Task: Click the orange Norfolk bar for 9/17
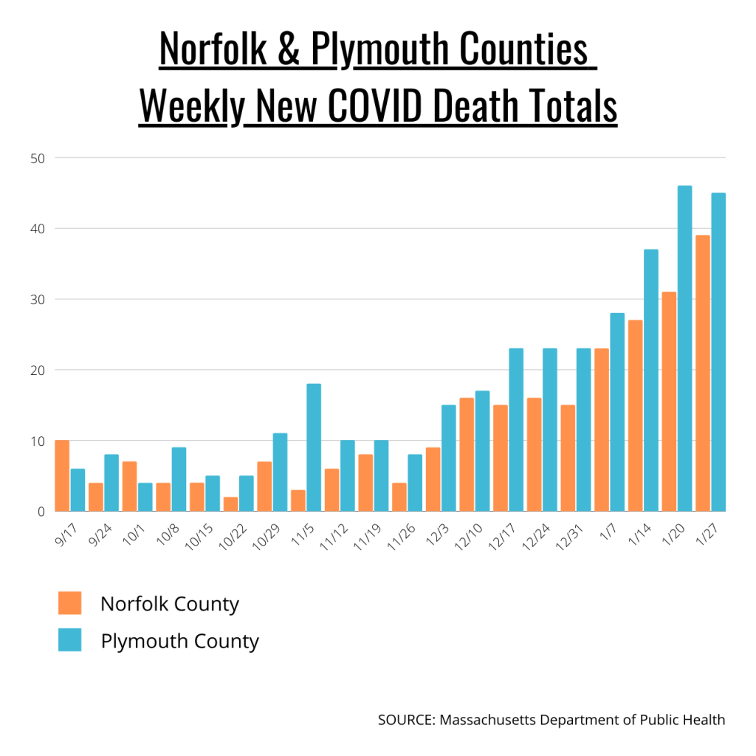coord(62,476)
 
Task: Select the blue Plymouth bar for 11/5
coord(314,447)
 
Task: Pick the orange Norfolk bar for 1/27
coord(702,373)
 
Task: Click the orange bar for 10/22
coord(230,504)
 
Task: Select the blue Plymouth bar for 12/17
coord(516,430)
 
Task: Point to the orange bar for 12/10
coord(466,455)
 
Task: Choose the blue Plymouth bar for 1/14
coord(651,380)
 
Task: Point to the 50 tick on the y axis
coord(38,158)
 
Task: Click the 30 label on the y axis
coord(38,300)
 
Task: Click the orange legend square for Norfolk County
coord(69,603)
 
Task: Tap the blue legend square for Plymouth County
coord(69,640)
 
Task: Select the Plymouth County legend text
coord(179,641)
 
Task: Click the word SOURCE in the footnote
coord(405,720)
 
